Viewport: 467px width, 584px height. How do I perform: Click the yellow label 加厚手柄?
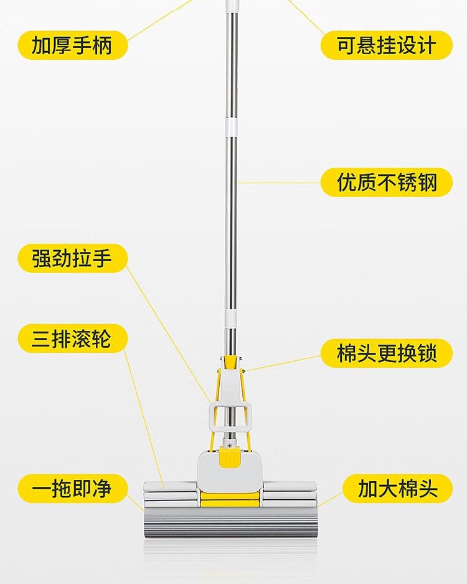pos(73,45)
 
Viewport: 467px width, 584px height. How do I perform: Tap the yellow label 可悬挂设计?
pos(386,45)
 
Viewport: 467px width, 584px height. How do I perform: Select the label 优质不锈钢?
pos(386,182)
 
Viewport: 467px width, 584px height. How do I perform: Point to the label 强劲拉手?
pos(73,258)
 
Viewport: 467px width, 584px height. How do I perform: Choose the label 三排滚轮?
pos(73,338)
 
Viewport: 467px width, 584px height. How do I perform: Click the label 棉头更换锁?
pos(386,353)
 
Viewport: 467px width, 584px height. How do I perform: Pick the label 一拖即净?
pos(73,488)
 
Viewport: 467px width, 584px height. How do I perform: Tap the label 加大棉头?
pos(397,488)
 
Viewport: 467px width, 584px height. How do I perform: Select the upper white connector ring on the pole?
pos(231,127)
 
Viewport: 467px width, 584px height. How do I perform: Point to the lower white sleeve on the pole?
pos(231,319)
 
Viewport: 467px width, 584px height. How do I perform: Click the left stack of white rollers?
pos(170,494)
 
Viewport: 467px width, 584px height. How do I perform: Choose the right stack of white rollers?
pos(290,494)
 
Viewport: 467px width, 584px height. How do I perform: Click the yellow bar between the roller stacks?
pos(230,499)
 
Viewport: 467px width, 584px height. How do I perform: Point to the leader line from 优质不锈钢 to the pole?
pos(279,183)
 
